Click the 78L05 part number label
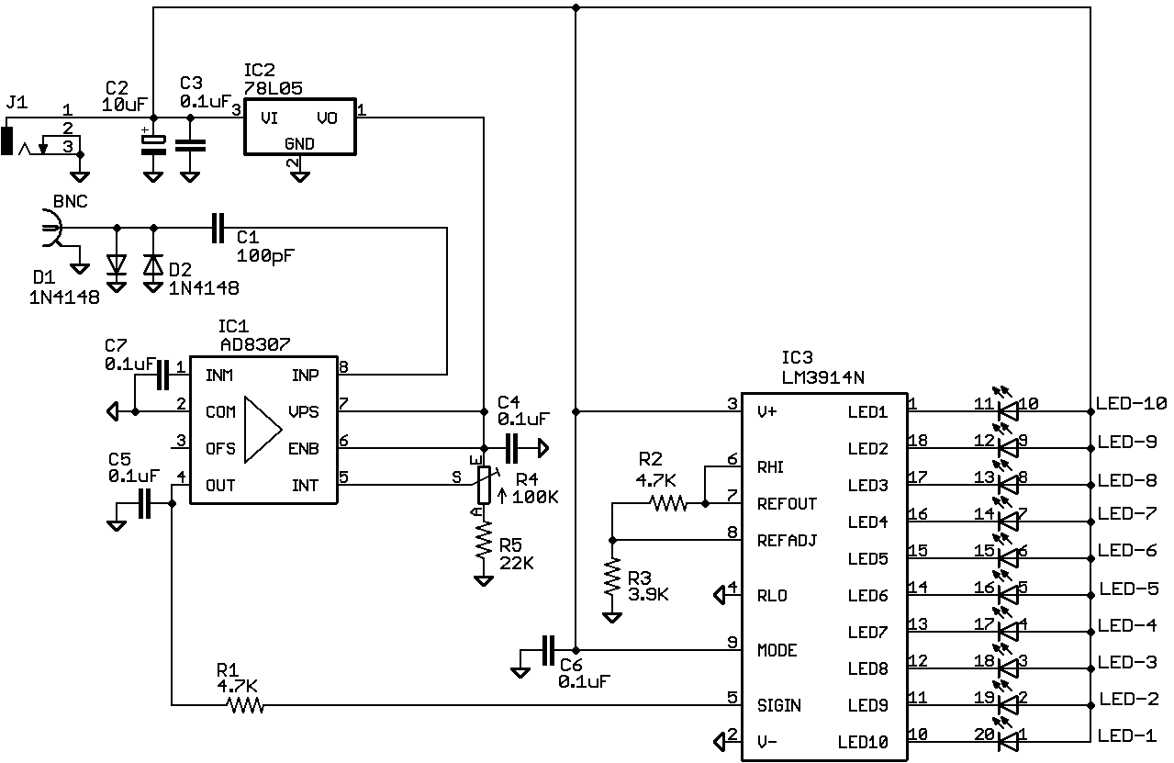pos(274,88)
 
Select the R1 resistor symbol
pos(245,705)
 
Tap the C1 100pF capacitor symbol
pos(218,228)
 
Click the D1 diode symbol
pos(116,264)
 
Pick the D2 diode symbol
pos(153,264)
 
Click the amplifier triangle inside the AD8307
pos(263,430)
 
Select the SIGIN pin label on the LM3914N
pos(778,705)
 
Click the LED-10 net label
pos(1131,403)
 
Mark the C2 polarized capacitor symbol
pos(152,144)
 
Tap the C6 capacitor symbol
pos(548,650)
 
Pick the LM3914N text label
pos(822,376)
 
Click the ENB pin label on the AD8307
pos(303,449)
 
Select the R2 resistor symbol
pos(667,503)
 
